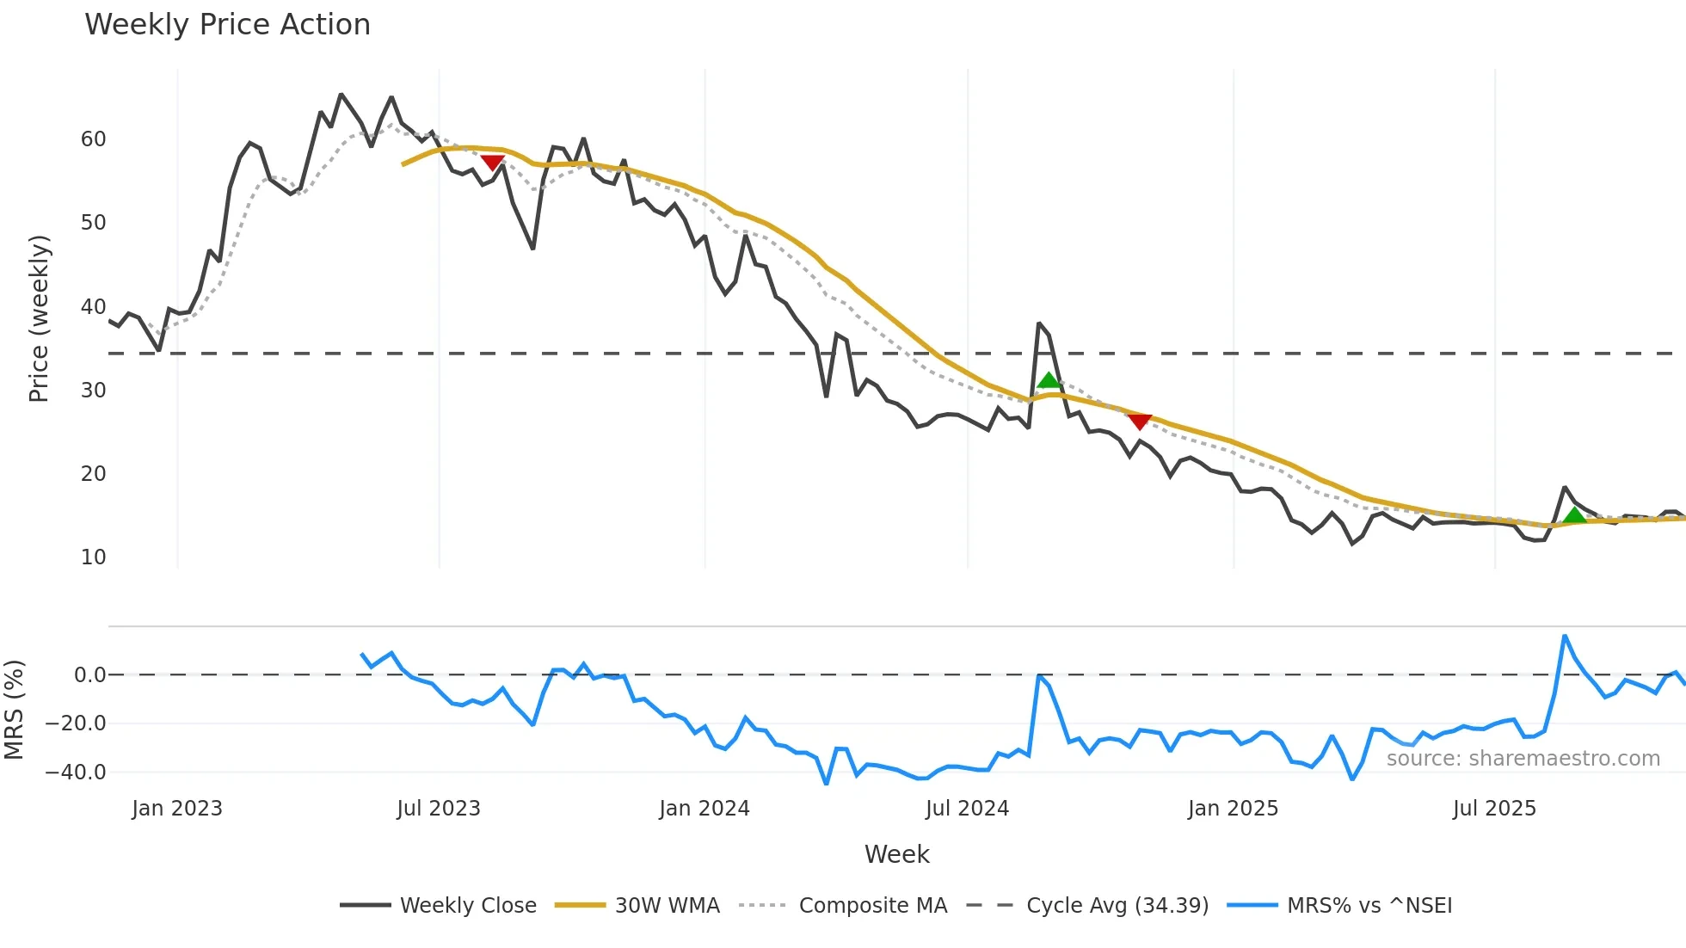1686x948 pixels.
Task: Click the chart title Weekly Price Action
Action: (x=227, y=25)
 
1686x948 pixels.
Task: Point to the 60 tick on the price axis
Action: (x=94, y=139)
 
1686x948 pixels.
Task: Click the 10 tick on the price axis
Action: (x=94, y=557)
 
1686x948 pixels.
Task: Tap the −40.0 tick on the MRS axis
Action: (x=76, y=773)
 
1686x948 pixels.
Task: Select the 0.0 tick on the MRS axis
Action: (x=89, y=675)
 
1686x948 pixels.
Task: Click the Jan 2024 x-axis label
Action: (x=705, y=809)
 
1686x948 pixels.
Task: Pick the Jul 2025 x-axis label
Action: (x=1494, y=809)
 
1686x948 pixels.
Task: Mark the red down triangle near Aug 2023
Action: (x=492, y=162)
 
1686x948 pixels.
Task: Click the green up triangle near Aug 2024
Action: (x=1049, y=381)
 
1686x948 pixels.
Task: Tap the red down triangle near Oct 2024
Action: (x=1140, y=422)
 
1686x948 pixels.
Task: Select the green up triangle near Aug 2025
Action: (x=1574, y=515)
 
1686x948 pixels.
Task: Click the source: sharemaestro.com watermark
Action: (x=1523, y=759)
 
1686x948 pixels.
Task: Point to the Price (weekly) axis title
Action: (x=40, y=318)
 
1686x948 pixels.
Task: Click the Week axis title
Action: (x=896, y=854)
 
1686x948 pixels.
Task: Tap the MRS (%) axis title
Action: (x=15, y=710)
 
